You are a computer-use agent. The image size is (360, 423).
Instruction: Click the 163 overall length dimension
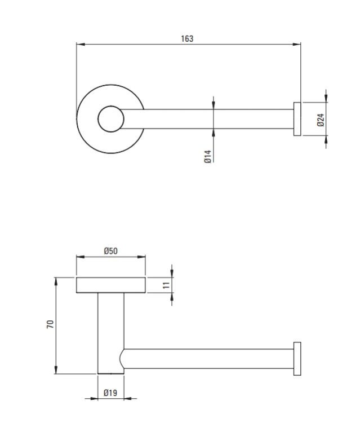[x=187, y=39]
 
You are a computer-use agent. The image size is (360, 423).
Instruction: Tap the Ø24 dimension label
[x=321, y=120]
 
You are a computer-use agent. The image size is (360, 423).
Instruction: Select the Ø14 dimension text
[x=207, y=156]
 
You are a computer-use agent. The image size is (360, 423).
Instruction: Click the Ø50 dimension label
[x=111, y=251]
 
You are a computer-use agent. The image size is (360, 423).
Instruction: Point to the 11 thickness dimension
[x=167, y=285]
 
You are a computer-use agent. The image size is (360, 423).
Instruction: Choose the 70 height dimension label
[x=50, y=324]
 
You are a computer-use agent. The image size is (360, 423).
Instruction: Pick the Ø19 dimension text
[x=110, y=393]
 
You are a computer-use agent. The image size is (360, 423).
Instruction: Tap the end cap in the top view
[x=297, y=119]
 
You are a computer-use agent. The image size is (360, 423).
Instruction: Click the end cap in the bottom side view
[x=297, y=359]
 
